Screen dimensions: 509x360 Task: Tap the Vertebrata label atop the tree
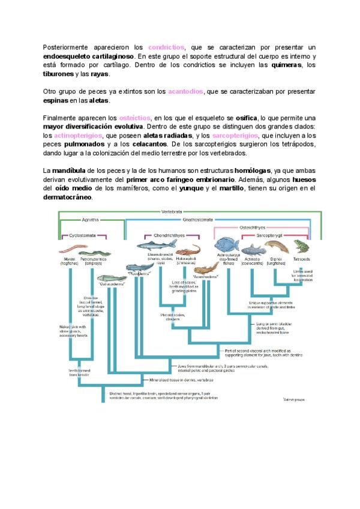(x=173, y=212)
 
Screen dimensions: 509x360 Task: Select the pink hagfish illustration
(x=69, y=252)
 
